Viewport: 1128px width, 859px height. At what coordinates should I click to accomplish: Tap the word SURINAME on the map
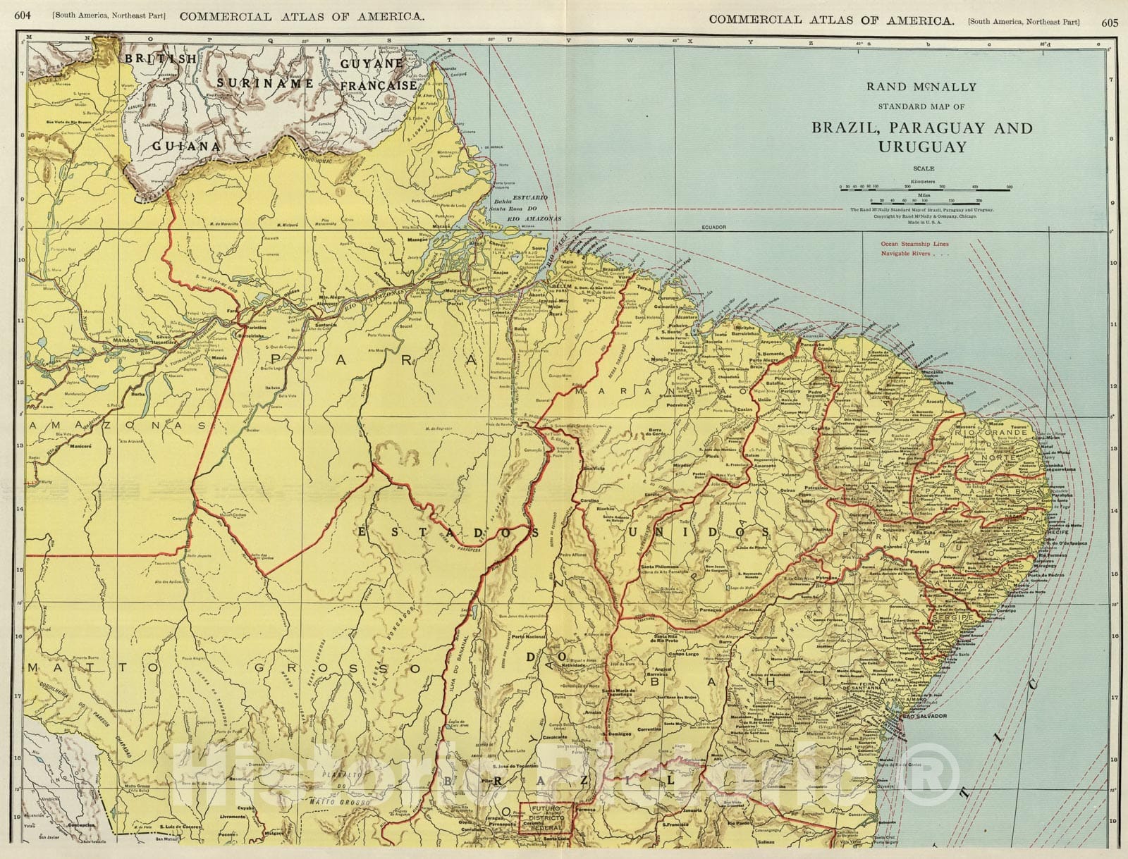pyautogui.click(x=265, y=83)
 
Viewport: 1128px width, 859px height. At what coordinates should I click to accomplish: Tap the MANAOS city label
pyautogui.click(x=123, y=340)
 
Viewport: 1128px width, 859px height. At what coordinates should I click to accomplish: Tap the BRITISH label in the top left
pyautogui.click(x=161, y=60)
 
